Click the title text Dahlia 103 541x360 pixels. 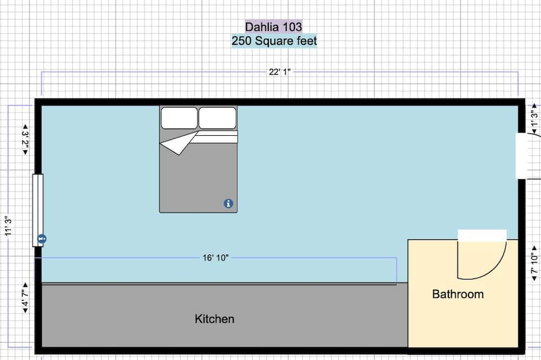(274, 27)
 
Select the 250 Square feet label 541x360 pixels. (274, 41)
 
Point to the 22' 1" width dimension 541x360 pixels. (280, 72)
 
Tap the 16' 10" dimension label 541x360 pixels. (216, 258)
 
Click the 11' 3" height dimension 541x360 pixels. (8, 226)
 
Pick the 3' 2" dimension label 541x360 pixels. (25, 139)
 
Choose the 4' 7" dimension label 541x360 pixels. (25, 298)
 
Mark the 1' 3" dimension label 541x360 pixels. (535, 119)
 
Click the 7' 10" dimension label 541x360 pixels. (535, 264)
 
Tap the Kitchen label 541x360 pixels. (214, 319)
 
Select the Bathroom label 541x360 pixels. (458, 294)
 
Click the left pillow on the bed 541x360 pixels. (179, 118)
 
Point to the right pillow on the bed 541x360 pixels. (217, 118)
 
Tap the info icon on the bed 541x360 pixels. (228, 203)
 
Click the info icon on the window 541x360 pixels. (42, 238)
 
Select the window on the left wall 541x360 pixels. (38, 210)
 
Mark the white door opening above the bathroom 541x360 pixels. (482, 235)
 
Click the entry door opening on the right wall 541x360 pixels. (522, 156)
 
